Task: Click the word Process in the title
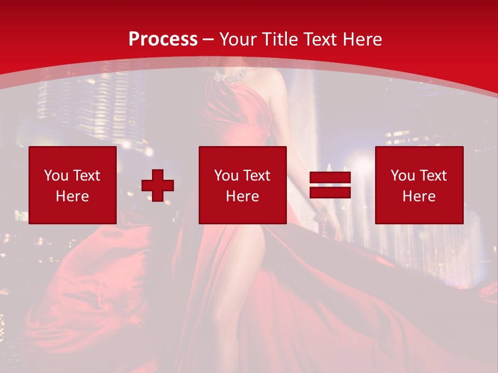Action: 163,39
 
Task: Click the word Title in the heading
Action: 280,39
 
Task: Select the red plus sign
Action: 158,185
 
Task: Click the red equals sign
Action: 330,185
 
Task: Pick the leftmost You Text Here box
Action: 73,185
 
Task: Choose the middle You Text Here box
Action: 242,185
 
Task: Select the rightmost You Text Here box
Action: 419,185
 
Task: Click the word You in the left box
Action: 56,176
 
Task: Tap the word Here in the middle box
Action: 242,196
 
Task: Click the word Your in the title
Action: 239,39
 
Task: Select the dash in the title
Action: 209,39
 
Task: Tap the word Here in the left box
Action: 73,196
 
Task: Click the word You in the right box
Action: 402,176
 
